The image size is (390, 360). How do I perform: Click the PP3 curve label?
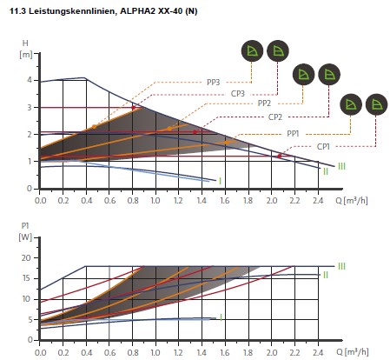[x=214, y=83]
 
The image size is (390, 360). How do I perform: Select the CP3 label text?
[x=238, y=94]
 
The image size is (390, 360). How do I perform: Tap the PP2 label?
[x=264, y=103]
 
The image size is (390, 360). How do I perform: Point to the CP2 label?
[x=275, y=117]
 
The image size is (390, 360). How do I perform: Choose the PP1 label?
[x=293, y=134]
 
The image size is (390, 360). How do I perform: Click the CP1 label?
[x=323, y=147]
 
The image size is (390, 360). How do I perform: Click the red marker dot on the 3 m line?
[x=133, y=108]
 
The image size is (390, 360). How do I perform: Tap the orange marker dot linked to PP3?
[x=94, y=127]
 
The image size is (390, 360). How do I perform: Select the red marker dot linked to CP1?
[x=279, y=156]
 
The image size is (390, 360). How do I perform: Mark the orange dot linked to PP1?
[x=227, y=143]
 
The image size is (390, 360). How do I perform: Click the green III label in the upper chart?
[x=341, y=166]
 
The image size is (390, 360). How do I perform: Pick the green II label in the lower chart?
[x=326, y=275]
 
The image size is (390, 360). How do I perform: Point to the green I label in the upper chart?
[x=220, y=181]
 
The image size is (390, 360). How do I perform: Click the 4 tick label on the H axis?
[x=30, y=80]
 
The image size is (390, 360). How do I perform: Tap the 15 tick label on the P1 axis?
[x=26, y=278]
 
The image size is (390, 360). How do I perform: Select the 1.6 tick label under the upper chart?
[x=225, y=200]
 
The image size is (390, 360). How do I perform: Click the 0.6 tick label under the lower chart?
[x=109, y=352]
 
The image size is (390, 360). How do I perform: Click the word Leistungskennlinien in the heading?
[x=72, y=11]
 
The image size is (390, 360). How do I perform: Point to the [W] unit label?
[x=25, y=237]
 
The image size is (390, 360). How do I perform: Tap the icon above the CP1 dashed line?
[x=376, y=104]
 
